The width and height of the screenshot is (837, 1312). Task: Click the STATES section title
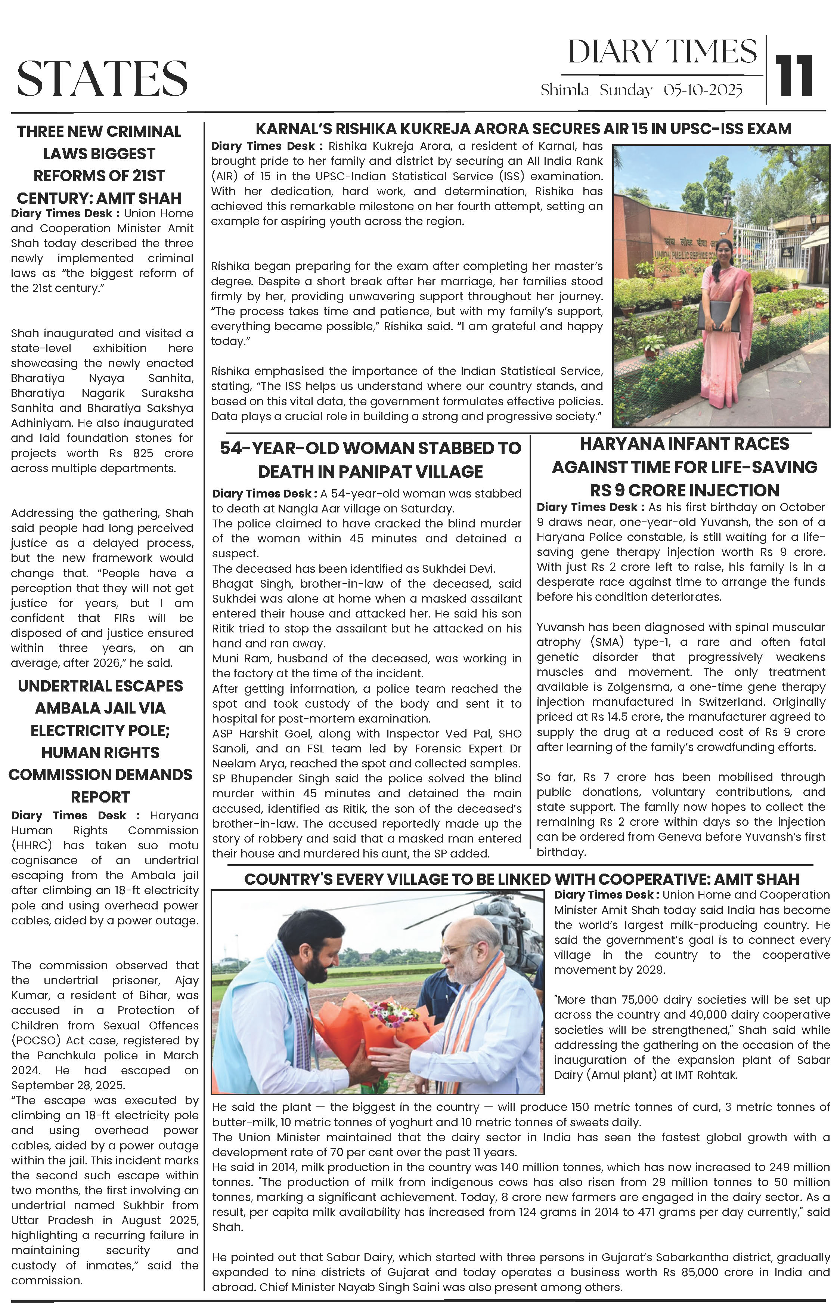(x=102, y=78)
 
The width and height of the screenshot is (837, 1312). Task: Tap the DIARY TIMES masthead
(x=662, y=52)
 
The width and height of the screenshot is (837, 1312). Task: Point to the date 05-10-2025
(x=703, y=90)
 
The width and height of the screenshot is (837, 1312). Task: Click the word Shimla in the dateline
(x=564, y=90)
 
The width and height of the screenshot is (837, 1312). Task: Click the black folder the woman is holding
(x=719, y=315)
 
